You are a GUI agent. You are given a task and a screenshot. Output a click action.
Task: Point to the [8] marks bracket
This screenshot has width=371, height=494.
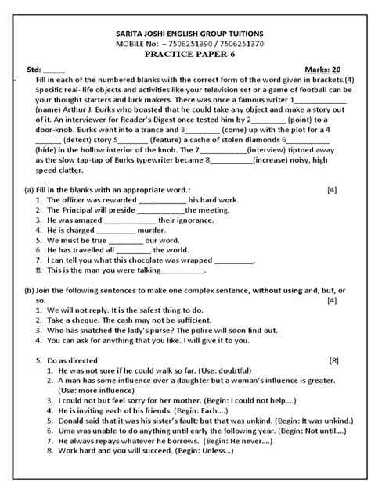point(333,360)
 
